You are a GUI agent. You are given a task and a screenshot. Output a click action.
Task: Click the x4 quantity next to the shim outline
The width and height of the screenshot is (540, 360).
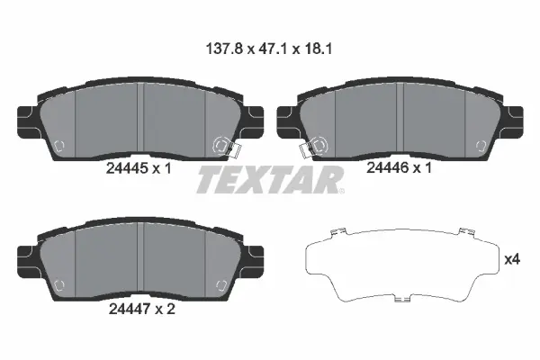pos(512,260)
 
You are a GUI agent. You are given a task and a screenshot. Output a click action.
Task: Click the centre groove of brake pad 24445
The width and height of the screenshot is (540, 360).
pos(143,117)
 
